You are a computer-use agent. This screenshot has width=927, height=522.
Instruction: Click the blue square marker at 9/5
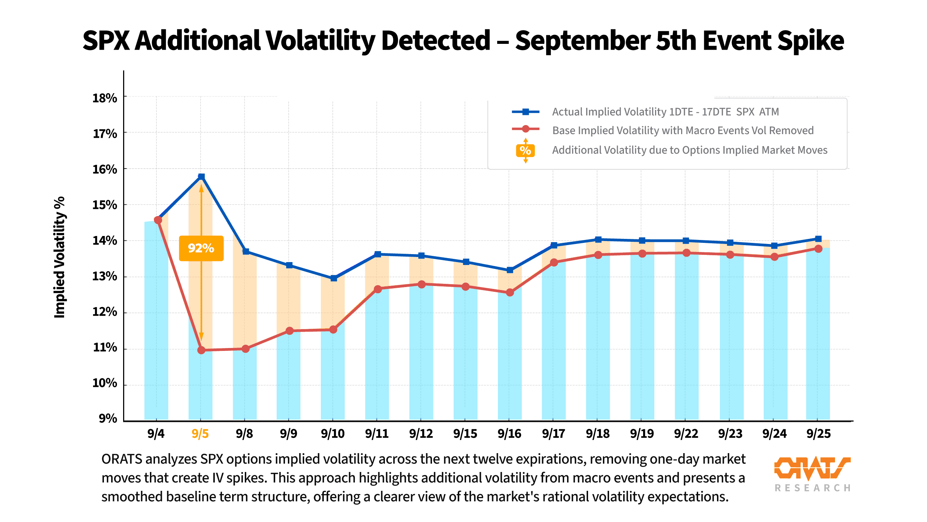(x=201, y=177)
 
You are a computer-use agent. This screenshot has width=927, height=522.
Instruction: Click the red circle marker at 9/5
(x=201, y=350)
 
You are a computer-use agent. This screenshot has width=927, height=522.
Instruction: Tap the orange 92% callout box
(x=201, y=248)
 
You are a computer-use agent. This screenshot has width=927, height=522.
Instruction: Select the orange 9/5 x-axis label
(x=200, y=434)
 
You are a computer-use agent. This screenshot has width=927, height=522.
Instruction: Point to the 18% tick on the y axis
(x=105, y=98)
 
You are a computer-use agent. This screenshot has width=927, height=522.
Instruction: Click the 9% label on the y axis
(x=108, y=418)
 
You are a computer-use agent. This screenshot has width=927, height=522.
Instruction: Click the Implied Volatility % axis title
(x=59, y=257)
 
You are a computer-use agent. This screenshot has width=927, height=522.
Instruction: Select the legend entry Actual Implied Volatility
(x=665, y=112)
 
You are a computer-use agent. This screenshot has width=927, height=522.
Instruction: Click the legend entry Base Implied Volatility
(x=683, y=130)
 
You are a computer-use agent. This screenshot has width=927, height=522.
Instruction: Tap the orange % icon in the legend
(x=525, y=150)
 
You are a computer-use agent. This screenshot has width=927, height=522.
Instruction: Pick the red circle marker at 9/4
(x=158, y=220)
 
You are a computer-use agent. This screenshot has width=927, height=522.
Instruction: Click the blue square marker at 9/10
(x=334, y=278)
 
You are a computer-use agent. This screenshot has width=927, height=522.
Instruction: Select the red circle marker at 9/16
(x=510, y=292)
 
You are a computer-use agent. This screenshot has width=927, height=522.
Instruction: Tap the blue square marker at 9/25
(x=818, y=239)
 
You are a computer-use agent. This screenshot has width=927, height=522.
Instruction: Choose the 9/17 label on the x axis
(x=553, y=434)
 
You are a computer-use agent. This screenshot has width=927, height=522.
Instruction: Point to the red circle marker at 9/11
(x=378, y=289)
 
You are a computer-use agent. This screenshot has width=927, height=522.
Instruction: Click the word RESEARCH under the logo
(x=812, y=488)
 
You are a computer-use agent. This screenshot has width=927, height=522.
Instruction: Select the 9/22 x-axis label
(x=686, y=434)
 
